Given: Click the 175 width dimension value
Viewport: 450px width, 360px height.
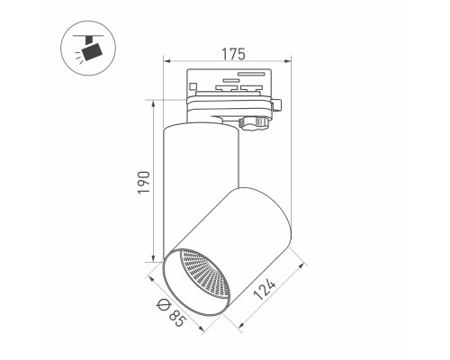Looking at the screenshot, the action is click(233, 54).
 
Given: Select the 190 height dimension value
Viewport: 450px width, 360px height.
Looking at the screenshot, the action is click(144, 183).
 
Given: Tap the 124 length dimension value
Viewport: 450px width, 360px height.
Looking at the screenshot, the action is click(265, 290).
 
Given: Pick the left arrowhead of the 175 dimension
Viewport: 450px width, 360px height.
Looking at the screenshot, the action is click(166, 61).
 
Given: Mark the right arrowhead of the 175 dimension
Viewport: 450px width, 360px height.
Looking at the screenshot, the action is click(288, 61).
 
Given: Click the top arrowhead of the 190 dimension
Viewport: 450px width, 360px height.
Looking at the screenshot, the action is click(153, 103).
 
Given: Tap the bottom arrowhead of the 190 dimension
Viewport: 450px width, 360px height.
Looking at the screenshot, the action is click(153, 258).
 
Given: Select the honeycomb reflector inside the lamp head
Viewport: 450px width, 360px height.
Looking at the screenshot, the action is click(204, 276).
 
